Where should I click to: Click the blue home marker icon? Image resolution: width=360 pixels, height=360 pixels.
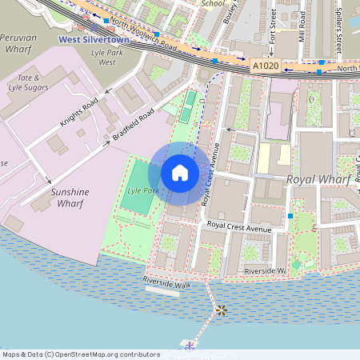pos(180,172)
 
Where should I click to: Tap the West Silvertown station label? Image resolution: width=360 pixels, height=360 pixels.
pos(94,38)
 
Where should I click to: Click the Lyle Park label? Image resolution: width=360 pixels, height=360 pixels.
pos(141,191)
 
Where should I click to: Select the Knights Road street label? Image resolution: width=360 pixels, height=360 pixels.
pos(78,114)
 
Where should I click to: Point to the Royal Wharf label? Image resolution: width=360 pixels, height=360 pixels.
pos(319,181)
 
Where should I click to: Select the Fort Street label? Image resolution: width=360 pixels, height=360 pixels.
pos(273,26)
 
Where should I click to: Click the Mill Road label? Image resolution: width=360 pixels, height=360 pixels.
pos(302,26)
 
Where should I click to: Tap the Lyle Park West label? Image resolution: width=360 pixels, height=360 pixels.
pos(109,56)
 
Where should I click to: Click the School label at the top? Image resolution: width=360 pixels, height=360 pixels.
pos(213,3)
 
